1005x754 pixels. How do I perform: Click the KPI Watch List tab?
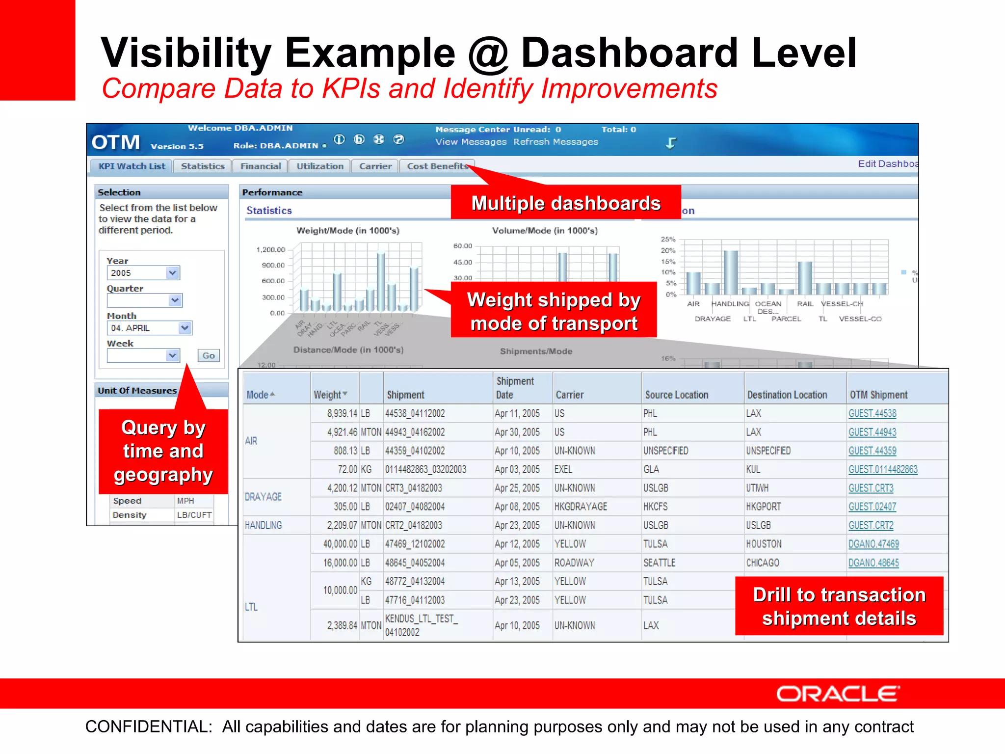132,166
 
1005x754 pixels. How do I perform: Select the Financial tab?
261,166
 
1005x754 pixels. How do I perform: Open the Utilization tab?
320,166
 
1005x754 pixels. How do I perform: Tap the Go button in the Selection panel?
209,355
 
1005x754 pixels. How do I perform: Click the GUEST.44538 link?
872,414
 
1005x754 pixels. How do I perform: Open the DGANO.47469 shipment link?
873,544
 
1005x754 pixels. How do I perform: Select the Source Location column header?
676,395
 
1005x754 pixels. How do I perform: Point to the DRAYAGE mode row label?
263,497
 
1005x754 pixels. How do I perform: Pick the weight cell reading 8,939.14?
342,414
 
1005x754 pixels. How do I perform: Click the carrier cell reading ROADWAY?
574,563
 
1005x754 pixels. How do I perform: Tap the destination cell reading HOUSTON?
764,544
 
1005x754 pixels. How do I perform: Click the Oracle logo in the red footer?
838,694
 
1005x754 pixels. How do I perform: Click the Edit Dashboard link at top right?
887,164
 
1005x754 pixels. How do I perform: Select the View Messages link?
471,142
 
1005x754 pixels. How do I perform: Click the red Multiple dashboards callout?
566,203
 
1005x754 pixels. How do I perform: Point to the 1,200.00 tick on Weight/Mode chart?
270,250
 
